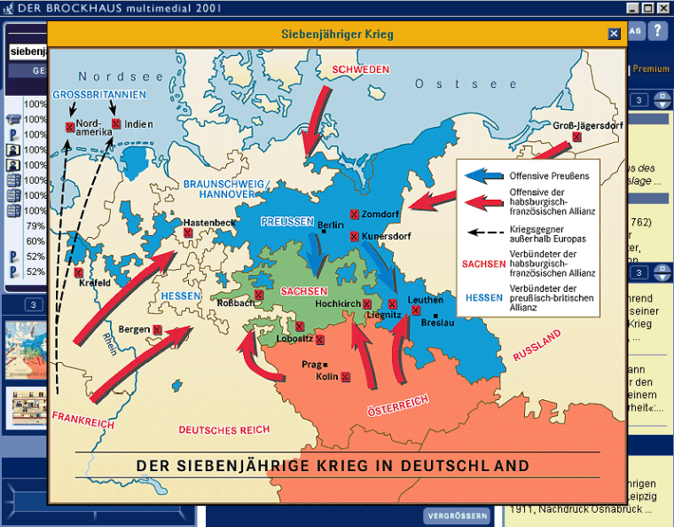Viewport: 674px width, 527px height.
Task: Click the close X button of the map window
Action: pyautogui.click(x=614, y=34)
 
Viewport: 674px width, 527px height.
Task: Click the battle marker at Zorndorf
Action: pyautogui.click(x=355, y=214)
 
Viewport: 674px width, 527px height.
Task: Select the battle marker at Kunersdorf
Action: pyautogui.click(x=355, y=236)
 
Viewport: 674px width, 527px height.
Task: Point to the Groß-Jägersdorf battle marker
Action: pyautogui.click(x=576, y=138)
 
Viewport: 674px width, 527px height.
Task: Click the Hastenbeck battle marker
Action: pyautogui.click(x=189, y=232)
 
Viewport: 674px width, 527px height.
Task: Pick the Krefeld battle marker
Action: pyautogui.click(x=79, y=272)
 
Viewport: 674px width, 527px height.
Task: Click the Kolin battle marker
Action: pyautogui.click(x=345, y=377)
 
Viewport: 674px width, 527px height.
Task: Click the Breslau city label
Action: pyautogui.click(x=436, y=324)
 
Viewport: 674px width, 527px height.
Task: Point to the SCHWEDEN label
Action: pyautogui.click(x=361, y=70)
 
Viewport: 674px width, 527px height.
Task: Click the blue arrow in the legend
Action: pyautogui.click(x=482, y=176)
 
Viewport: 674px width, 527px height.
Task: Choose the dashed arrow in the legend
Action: pyautogui.click(x=482, y=233)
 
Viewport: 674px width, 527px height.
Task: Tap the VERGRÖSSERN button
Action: pyautogui.click(x=457, y=515)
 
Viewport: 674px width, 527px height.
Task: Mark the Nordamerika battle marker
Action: pyautogui.click(x=69, y=127)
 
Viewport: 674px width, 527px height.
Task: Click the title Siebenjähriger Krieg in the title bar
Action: pyautogui.click(x=337, y=34)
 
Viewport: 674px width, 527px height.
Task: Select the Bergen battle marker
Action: pyautogui.click(x=157, y=329)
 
